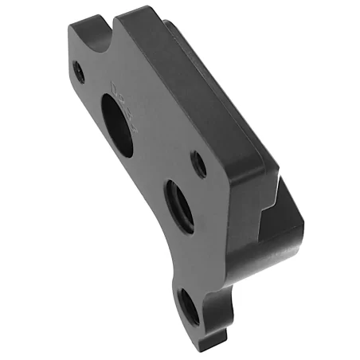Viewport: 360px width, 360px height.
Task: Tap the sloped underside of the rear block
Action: [x=263, y=263]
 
